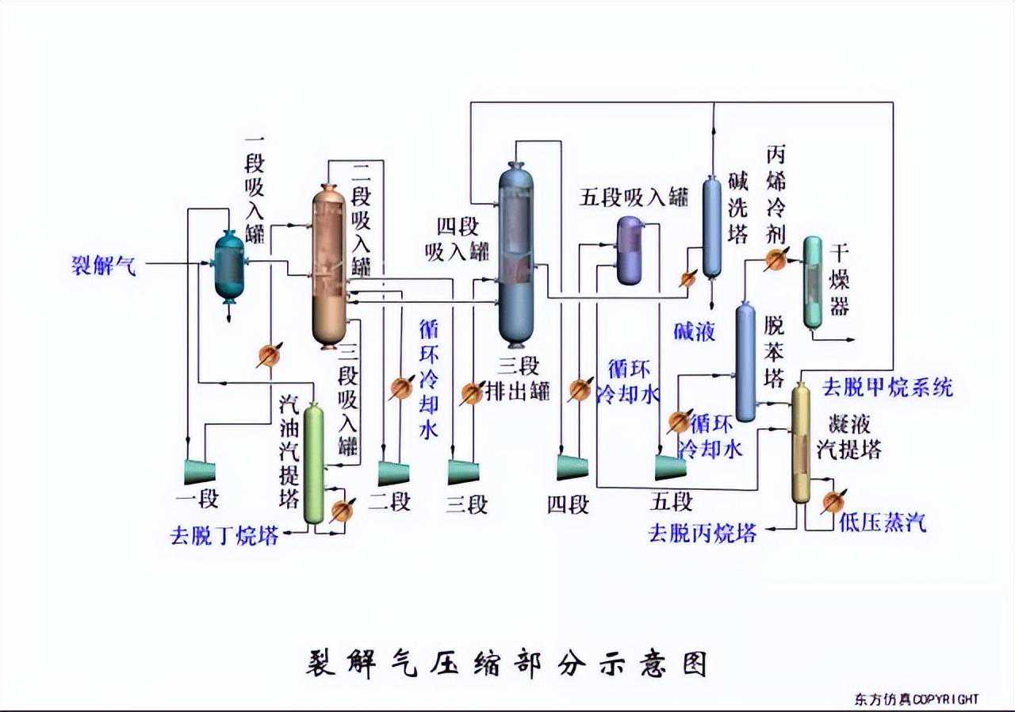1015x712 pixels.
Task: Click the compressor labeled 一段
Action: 200,472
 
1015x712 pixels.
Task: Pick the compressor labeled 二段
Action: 393,473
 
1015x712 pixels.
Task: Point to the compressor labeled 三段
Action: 463,472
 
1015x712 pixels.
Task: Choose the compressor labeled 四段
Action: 572,468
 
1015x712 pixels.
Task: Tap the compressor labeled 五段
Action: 671,467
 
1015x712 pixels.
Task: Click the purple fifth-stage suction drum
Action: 631,250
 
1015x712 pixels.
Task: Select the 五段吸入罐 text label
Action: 633,197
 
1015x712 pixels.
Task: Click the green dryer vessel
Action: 813,282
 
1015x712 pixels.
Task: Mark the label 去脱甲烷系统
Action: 887,388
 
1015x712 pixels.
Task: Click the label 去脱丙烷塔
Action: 702,533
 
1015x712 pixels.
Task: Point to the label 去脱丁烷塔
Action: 224,536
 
